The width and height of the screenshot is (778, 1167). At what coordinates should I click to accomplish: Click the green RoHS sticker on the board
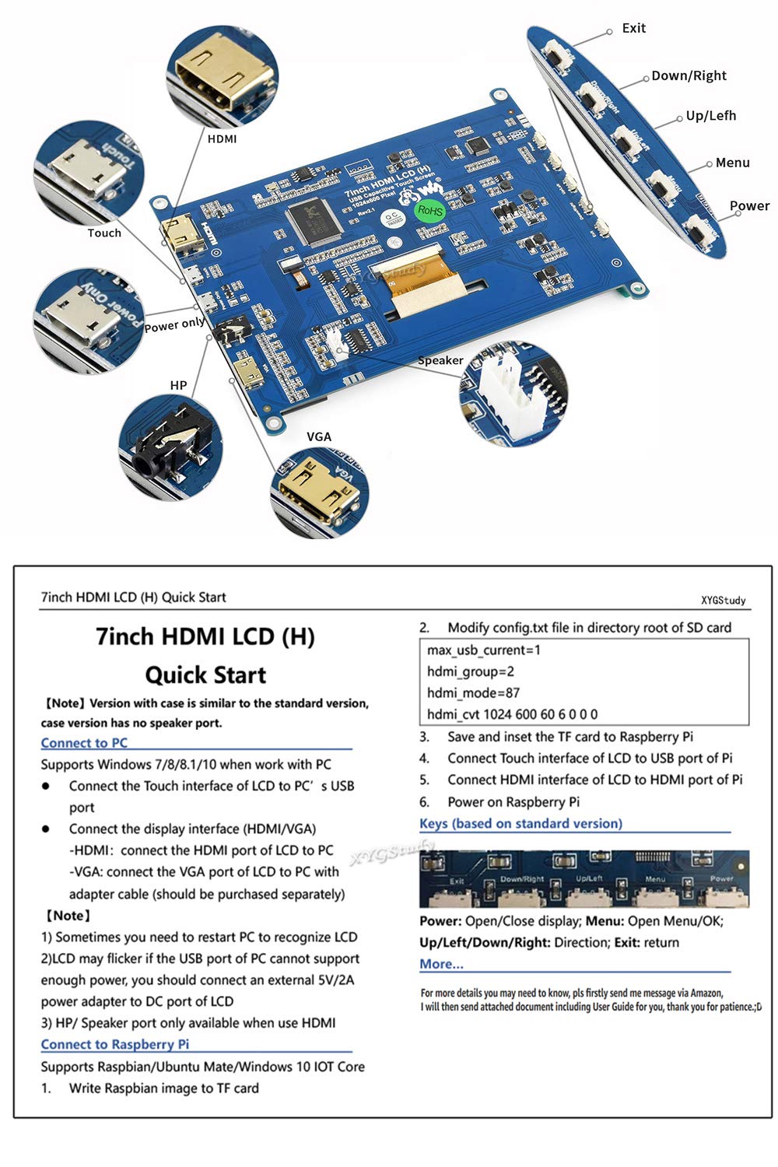tap(430, 210)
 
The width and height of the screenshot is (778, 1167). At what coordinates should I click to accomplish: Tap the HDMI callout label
tap(222, 139)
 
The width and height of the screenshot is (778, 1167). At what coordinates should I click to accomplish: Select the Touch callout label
tap(104, 233)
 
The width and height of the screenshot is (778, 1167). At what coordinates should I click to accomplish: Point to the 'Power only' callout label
tap(174, 324)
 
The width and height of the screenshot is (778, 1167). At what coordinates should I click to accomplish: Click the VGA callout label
tap(319, 436)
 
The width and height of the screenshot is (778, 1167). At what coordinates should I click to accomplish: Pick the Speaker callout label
tap(440, 360)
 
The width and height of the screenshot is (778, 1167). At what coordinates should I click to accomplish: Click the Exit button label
tap(633, 28)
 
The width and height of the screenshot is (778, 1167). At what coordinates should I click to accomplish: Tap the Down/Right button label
tap(689, 75)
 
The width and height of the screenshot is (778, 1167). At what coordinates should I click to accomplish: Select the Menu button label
tap(733, 163)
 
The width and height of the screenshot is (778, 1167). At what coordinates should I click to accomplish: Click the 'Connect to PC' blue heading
tap(84, 743)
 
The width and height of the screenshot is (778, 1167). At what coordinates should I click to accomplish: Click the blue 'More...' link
tap(441, 964)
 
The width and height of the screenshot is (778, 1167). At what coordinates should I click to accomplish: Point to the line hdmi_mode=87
tap(473, 693)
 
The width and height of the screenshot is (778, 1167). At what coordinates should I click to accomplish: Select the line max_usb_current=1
tap(484, 650)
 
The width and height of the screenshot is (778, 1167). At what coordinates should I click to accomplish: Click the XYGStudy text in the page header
tap(724, 600)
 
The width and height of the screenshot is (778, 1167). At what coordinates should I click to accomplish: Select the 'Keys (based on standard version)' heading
tap(521, 824)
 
